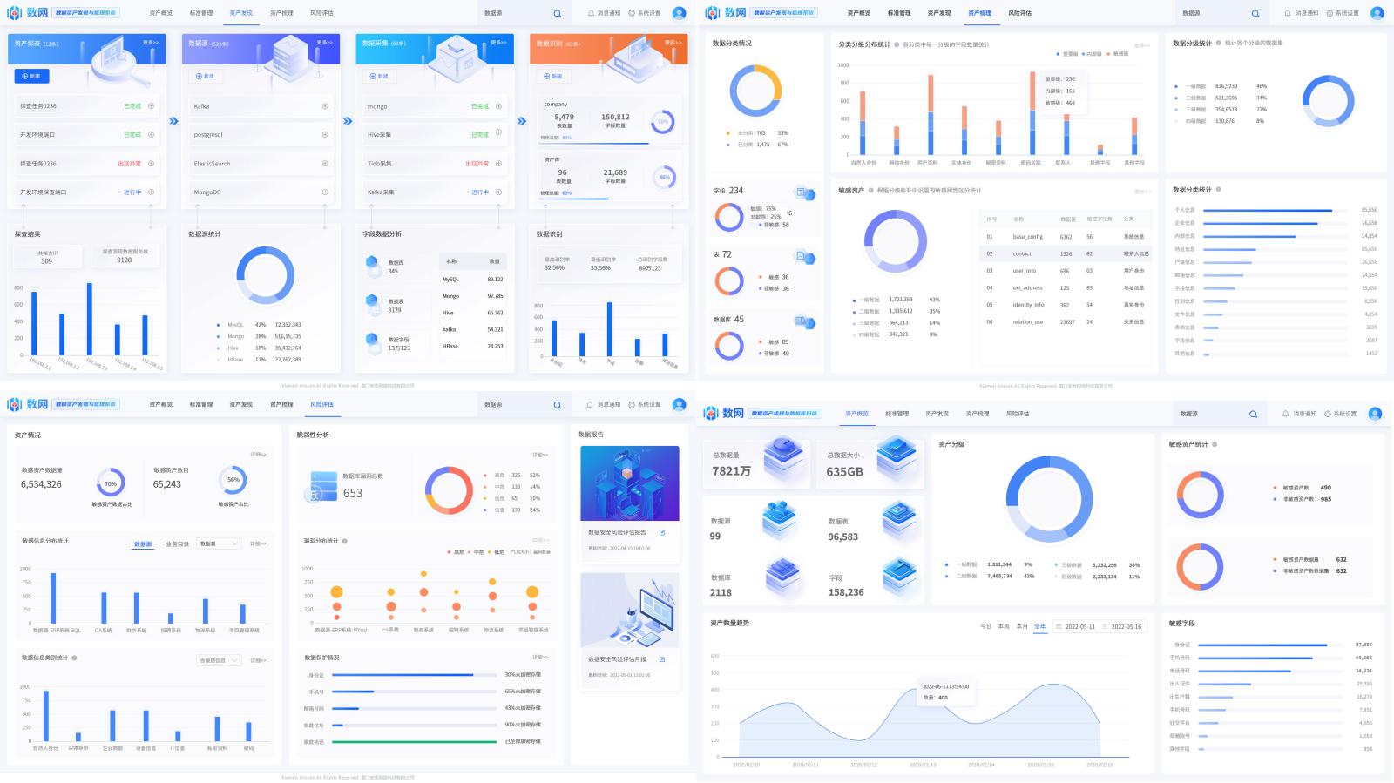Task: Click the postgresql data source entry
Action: coord(208,135)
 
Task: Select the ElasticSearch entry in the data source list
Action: coord(212,164)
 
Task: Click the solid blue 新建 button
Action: coord(31,77)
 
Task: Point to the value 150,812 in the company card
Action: coord(615,117)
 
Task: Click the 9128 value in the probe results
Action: coord(125,260)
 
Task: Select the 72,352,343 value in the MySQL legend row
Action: coord(288,325)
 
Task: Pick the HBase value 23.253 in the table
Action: coord(495,346)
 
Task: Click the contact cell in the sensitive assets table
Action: coord(1022,253)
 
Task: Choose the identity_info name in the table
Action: coord(1028,305)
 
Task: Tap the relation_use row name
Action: coord(1027,322)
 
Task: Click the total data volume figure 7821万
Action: coord(731,471)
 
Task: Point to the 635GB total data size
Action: coord(844,472)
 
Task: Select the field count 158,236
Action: coord(846,592)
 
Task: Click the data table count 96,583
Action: coord(842,537)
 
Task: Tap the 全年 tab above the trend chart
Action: coord(1039,626)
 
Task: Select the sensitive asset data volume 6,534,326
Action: coord(41,484)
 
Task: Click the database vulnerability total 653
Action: coord(353,493)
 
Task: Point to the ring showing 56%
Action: coord(233,480)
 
